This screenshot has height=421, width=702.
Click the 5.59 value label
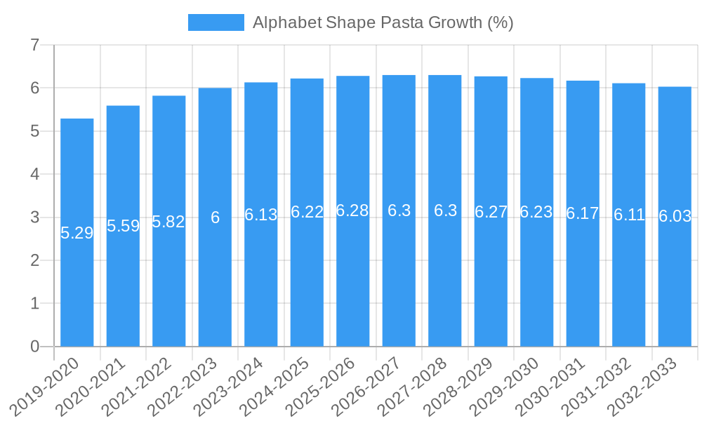(x=123, y=226)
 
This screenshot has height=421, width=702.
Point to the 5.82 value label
(x=168, y=222)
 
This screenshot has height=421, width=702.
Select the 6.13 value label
(x=261, y=215)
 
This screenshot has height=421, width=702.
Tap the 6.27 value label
(x=491, y=212)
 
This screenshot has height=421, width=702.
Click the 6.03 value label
(x=675, y=217)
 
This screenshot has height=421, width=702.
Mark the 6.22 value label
(x=307, y=212)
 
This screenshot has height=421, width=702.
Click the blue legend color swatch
(x=216, y=22)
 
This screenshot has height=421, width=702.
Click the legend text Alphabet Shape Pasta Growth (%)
(x=383, y=22)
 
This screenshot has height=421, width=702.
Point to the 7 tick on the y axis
(x=34, y=46)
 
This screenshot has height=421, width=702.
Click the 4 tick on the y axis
(x=34, y=174)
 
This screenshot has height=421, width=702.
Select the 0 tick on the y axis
(x=34, y=347)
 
